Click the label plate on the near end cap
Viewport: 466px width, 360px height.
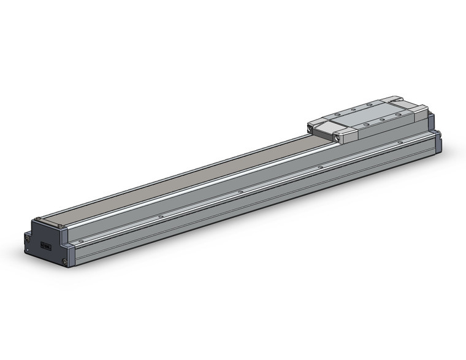click(45, 246)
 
